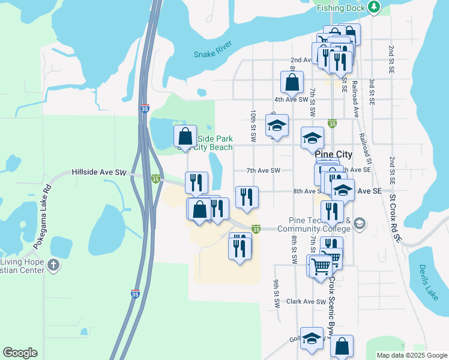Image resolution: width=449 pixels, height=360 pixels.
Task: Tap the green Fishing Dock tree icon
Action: [x=375, y=7]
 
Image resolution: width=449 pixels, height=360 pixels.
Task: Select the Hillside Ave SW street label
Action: [x=99, y=172]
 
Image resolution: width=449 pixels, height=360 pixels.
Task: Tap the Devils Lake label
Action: [x=430, y=276]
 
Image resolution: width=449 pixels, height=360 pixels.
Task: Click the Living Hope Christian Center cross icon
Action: [x=54, y=265]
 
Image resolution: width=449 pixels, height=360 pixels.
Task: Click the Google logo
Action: [x=20, y=353]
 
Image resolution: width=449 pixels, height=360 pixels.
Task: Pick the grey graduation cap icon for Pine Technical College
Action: [x=359, y=224]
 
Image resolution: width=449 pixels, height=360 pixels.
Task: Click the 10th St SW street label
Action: [x=254, y=125]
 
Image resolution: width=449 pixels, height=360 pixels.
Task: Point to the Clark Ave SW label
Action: [x=306, y=302]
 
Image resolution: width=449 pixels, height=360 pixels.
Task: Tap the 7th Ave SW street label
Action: [x=264, y=170]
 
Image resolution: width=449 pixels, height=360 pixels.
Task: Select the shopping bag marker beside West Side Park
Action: [x=185, y=136]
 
